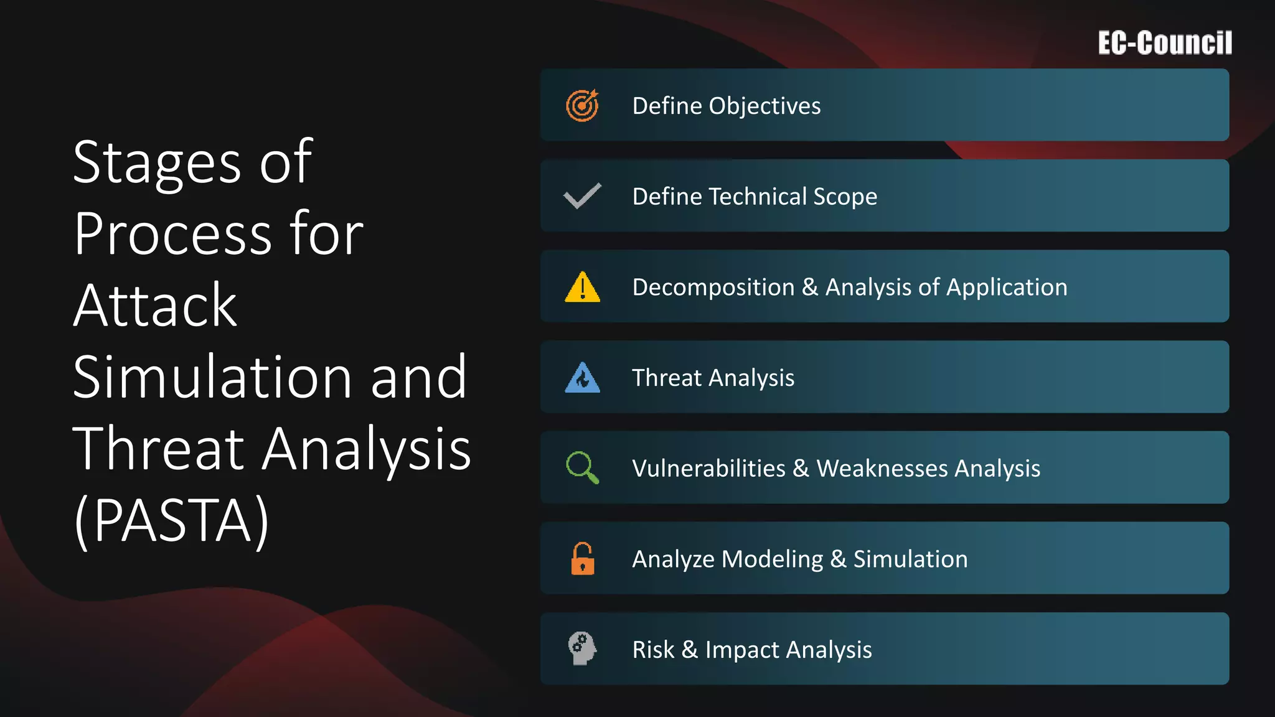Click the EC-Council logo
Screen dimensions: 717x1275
click(1164, 43)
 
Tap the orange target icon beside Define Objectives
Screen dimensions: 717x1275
click(582, 105)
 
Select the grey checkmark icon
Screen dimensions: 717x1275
click(582, 196)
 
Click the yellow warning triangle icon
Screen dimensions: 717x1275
click(582, 287)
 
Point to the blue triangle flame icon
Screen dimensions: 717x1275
click(582, 378)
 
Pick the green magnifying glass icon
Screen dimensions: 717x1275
click(582, 467)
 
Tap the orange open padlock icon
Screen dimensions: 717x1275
click(582, 558)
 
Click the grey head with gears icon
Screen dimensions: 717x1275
click(582, 649)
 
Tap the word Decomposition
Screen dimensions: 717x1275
click(713, 288)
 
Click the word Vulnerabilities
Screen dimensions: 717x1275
click(708, 469)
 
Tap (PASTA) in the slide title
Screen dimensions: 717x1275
click(171, 520)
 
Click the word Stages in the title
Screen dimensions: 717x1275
click(156, 163)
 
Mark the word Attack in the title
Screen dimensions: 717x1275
click(154, 306)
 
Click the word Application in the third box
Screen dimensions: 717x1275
click(1007, 288)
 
